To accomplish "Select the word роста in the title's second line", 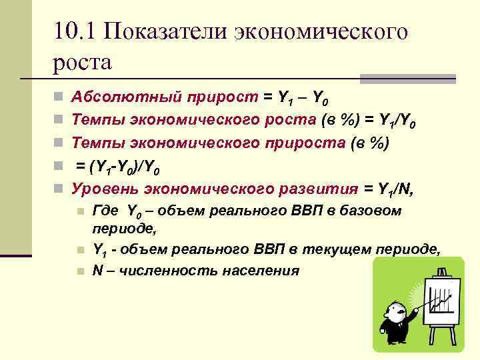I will point(81,63).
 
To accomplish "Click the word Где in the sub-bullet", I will point(105,211).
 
